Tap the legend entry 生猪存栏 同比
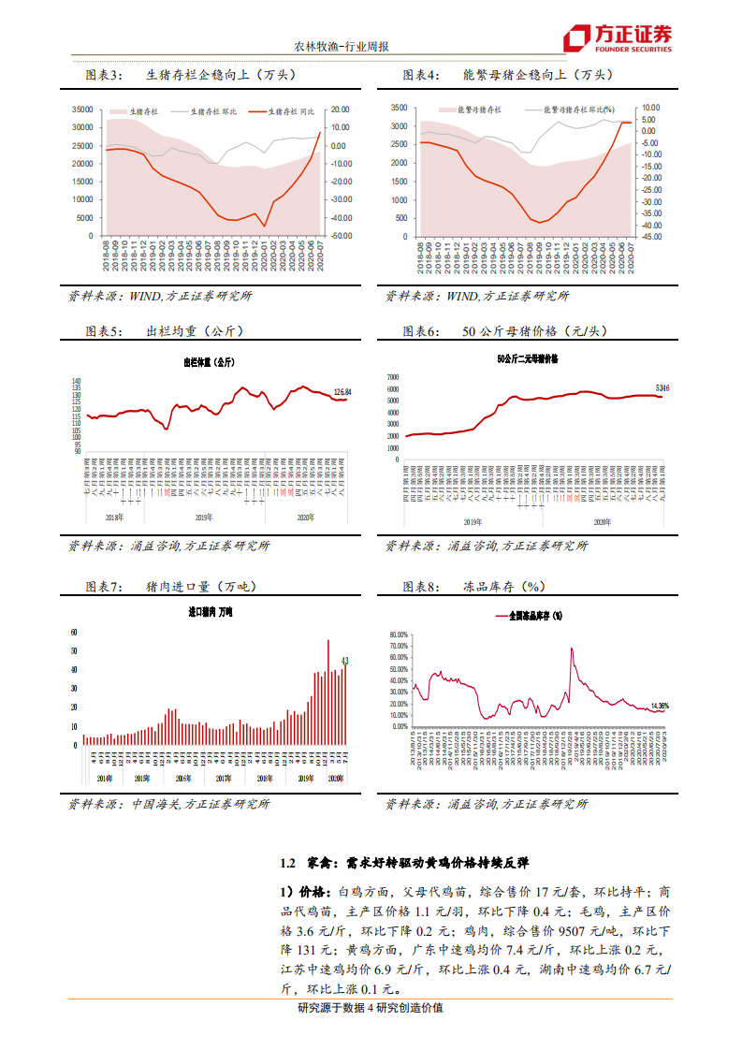tap(285, 110)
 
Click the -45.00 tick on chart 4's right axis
tap(649, 236)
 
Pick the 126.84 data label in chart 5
tap(342, 391)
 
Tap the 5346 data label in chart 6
tap(662, 387)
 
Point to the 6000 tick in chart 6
tap(392, 389)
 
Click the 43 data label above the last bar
tap(345, 661)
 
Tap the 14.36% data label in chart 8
tap(660, 706)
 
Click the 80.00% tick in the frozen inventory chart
tap(396, 634)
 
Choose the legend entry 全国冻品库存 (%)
tap(529, 616)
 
